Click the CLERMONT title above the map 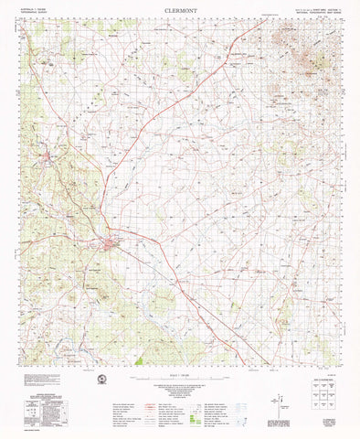[180, 11]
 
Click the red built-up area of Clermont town [111, 242]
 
